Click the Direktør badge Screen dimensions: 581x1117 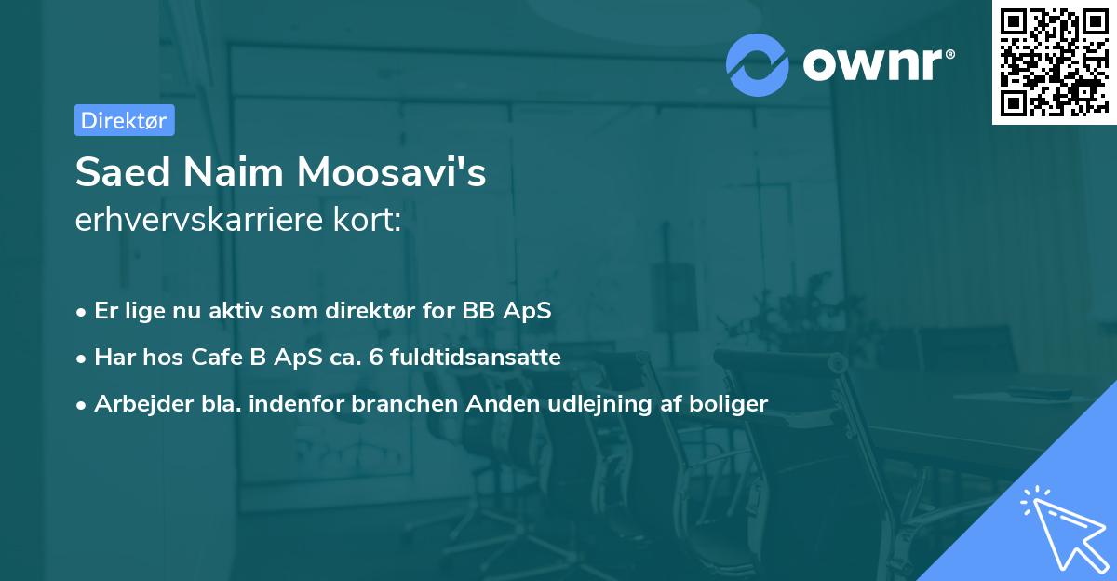[x=124, y=120]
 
